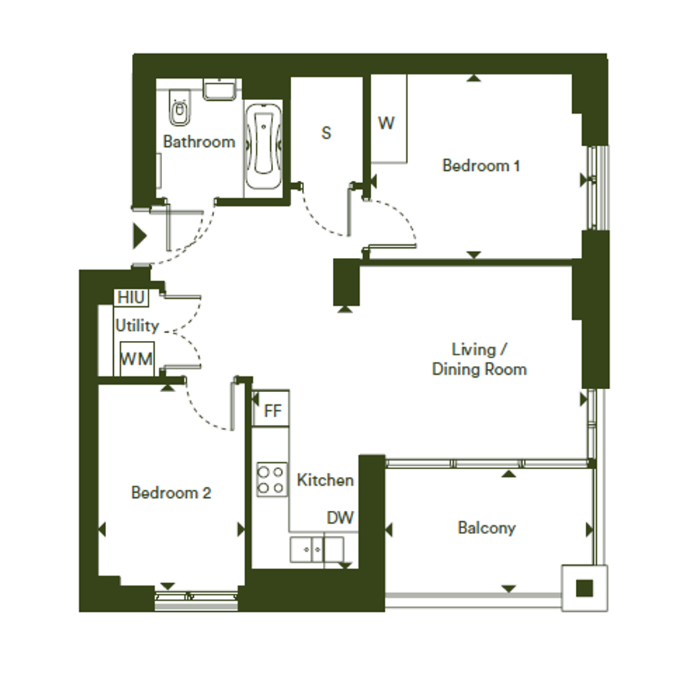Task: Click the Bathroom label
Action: (x=199, y=141)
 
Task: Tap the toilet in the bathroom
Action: (x=179, y=107)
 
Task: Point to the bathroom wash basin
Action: (x=221, y=89)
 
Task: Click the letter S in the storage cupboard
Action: (x=326, y=133)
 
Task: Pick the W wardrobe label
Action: (x=386, y=123)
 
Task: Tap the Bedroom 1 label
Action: (x=481, y=166)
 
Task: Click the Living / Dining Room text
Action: (x=479, y=359)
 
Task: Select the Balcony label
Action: (x=486, y=528)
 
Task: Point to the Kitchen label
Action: (x=325, y=480)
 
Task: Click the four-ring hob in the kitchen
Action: (x=272, y=479)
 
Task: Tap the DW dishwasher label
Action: (x=340, y=517)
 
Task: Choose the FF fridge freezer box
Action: (x=271, y=409)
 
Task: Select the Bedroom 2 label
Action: (x=171, y=492)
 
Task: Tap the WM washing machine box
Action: (x=136, y=359)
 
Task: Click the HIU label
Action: (x=130, y=298)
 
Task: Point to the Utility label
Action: (x=137, y=326)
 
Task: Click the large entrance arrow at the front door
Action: (x=139, y=236)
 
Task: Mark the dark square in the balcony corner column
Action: (x=584, y=588)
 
